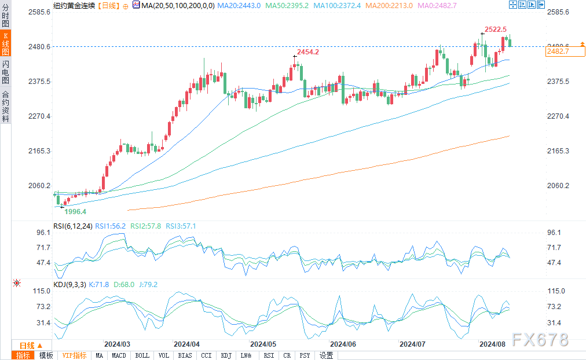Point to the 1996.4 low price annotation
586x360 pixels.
(x=75, y=212)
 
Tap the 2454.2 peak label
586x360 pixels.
(x=307, y=52)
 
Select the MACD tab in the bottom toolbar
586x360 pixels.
(x=119, y=355)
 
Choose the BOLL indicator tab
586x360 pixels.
(x=142, y=355)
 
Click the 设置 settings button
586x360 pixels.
(x=326, y=355)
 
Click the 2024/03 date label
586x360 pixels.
(x=116, y=343)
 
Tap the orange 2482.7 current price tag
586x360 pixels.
(x=558, y=52)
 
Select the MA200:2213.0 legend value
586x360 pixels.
(x=391, y=5)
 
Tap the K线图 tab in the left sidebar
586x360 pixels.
(x=5, y=44)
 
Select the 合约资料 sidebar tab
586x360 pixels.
(x=5, y=106)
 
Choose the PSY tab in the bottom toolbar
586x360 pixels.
(x=305, y=355)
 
